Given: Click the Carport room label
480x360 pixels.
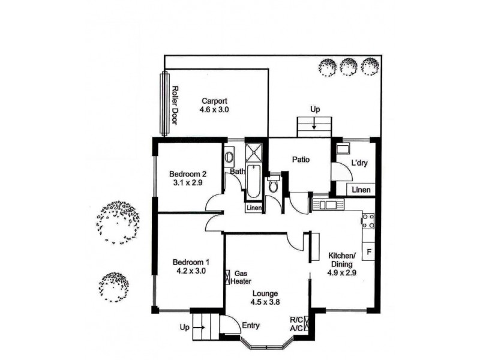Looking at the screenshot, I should coord(214,101).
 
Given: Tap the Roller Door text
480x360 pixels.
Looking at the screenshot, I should coord(175,106).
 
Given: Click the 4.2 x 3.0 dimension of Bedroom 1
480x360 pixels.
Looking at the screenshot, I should coord(191,271).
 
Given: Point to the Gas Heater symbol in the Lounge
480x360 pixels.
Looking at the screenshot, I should coord(228,277).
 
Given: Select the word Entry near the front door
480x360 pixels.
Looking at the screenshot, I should coord(250,326).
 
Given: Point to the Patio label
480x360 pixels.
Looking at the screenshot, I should coord(300,160).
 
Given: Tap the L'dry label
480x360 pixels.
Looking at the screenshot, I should coord(360,163).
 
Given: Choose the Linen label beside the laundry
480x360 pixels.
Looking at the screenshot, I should coord(361,190).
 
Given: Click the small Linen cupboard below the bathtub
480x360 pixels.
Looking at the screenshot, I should coord(253,208).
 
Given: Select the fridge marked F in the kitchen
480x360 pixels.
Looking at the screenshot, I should coord(368,251).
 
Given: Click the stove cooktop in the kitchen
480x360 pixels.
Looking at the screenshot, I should coord(368,221).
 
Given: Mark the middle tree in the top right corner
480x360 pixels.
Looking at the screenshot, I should coord(349,65).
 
